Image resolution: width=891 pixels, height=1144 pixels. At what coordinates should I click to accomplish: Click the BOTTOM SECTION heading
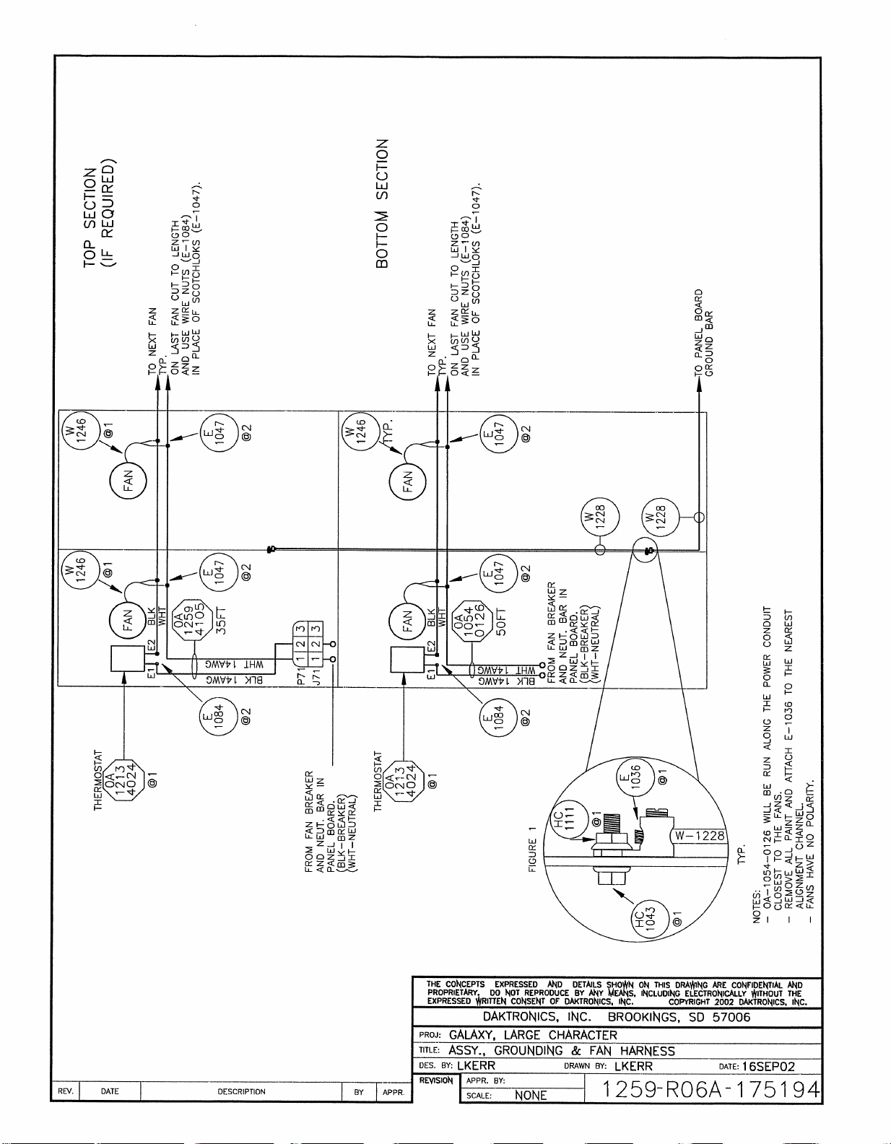tap(383, 204)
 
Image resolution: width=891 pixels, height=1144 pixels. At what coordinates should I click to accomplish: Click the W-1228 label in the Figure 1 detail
tap(700, 836)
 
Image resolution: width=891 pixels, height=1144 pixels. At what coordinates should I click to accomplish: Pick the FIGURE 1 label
tap(533, 850)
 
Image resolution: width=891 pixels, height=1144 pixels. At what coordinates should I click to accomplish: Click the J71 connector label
tap(303, 674)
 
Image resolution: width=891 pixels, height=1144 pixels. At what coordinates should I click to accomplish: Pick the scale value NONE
tap(531, 1095)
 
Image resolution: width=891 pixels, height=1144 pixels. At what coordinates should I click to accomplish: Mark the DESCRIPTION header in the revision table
tap(241, 1091)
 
